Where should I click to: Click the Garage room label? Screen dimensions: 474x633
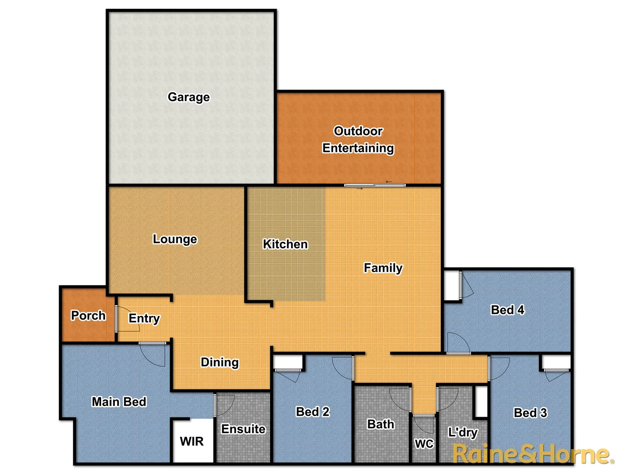pos(189,97)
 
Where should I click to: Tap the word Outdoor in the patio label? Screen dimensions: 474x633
pos(358,131)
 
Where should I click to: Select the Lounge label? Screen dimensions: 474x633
pos(175,239)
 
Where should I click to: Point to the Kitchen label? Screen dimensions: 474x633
pos(285,244)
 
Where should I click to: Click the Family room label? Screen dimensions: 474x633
pos(383,268)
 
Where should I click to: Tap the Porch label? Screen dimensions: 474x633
pos(88,316)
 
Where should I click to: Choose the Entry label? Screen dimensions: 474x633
pos(144,318)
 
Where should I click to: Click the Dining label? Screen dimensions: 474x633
pos(220,362)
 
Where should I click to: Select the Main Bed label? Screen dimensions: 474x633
pos(119,402)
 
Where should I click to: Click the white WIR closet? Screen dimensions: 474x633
pos(192,441)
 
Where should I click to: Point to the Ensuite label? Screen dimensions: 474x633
pos(243,429)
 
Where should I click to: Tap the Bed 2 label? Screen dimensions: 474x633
pos(313,412)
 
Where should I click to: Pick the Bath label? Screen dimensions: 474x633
pos(381,424)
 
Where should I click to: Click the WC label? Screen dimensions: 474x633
pos(424,444)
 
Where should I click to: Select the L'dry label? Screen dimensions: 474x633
pos(462,432)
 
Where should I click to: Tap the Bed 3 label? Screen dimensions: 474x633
pos(530,413)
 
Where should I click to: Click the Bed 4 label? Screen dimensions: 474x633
pos(507,310)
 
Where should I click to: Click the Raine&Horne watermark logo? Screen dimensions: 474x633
pos(533,454)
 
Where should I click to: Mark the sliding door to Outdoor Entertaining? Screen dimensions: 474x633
pos(375,185)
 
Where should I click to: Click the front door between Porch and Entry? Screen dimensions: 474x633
pos(116,318)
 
